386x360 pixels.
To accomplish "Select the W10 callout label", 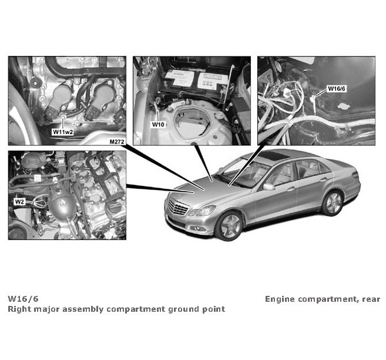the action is (x=158, y=125).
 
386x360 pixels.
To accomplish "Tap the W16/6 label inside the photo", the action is (x=336, y=89).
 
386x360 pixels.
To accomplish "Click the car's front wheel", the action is (x=229, y=226).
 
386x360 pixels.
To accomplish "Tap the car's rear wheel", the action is (x=333, y=203).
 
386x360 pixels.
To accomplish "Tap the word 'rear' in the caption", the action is (x=370, y=299).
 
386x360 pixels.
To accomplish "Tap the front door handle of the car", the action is (x=290, y=189).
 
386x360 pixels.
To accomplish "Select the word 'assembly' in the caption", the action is (x=82, y=309).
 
